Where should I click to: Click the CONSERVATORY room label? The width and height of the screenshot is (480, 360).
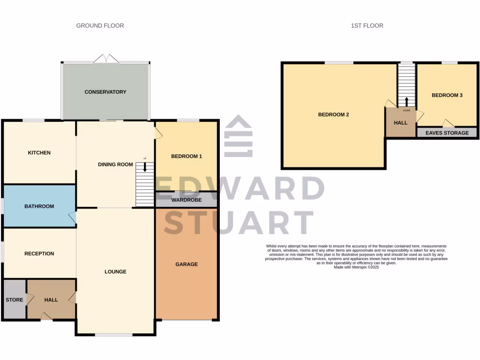pos(105,92)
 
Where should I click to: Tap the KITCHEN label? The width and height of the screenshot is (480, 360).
pos(39,153)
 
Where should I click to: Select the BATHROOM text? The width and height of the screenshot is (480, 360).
pos(39,206)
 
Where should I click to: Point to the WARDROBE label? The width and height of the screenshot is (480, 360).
pos(187,200)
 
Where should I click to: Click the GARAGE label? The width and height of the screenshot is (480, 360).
pos(187,264)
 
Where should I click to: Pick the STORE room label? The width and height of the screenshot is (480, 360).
pos(14,300)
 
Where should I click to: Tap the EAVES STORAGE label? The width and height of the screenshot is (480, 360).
pos(447,133)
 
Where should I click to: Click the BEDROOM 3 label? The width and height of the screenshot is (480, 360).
pos(447,95)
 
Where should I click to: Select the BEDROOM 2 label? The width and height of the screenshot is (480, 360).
pos(334,114)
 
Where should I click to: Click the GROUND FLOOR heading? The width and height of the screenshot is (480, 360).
pos(100,25)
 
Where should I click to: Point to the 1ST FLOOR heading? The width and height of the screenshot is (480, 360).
pos(367,25)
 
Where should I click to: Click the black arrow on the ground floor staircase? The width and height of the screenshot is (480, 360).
pos(145,167)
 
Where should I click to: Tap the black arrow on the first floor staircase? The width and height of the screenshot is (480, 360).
pos(406,101)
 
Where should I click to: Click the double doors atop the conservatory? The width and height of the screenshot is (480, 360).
pos(106,59)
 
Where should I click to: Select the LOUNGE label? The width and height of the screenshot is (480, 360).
pos(115,272)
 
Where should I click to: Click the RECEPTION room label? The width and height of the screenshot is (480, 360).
pos(39,254)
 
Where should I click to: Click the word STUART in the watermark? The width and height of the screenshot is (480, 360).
pos(239,222)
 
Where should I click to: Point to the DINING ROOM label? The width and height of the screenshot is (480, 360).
pos(115,165)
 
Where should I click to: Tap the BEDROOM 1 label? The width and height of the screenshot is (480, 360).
pos(187,156)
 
